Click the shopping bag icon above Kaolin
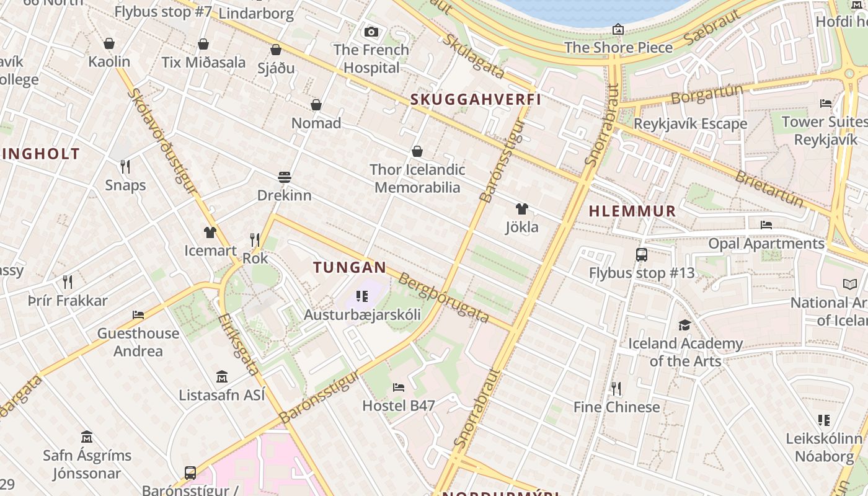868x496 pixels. [109, 43]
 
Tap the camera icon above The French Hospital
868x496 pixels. [371, 32]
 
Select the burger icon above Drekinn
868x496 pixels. [285, 177]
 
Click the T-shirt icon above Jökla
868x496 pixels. [522, 209]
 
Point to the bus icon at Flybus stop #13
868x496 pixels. [642, 255]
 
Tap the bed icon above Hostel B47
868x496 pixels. [399, 387]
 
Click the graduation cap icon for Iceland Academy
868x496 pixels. [684, 325]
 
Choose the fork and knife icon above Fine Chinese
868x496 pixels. [616, 389]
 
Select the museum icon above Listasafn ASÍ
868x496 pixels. [222, 377]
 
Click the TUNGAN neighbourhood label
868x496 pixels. [350, 268]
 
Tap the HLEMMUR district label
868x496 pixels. [632, 211]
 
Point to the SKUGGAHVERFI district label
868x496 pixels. [476, 99]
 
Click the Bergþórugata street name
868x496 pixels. [443, 298]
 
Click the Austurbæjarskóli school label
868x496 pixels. [362, 315]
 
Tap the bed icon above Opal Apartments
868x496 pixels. [766, 225]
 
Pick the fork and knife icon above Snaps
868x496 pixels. [125, 167]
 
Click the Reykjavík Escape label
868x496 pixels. [690, 124]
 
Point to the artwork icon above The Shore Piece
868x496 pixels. [618, 29]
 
